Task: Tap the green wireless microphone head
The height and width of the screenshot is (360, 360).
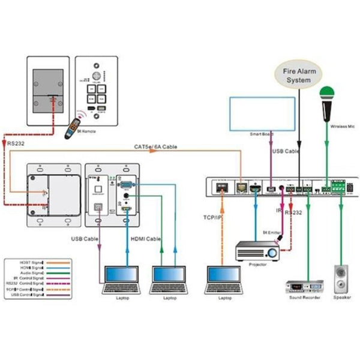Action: (326, 94)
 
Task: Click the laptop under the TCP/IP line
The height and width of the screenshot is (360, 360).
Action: (224, 279)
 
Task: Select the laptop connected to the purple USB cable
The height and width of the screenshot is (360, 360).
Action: (122, 279)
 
